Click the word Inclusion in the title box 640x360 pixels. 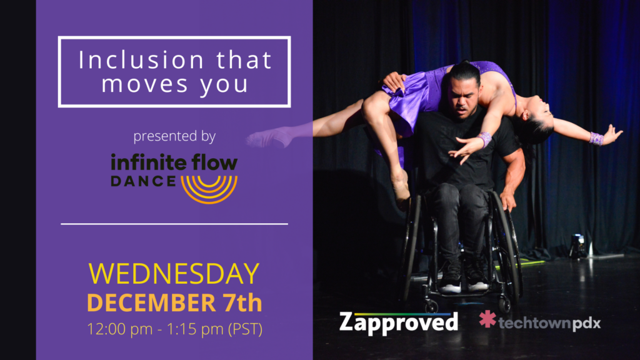(141, 59)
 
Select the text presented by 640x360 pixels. (174, 136)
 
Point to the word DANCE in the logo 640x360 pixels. (143, 181)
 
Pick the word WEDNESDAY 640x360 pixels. (174, 274)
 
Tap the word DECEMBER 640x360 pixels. (151, 303)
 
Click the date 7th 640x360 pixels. (242, 302)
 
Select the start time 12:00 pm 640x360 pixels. (119, 329)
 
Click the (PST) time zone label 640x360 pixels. (245, 329)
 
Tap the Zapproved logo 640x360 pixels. (399, 322)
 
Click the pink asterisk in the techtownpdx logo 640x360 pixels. (487, 319)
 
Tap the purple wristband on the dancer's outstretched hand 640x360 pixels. (596, 138)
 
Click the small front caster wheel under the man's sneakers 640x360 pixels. (432, 306)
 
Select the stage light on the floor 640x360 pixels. (578, 246)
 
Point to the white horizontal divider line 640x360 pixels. (174, 224)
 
